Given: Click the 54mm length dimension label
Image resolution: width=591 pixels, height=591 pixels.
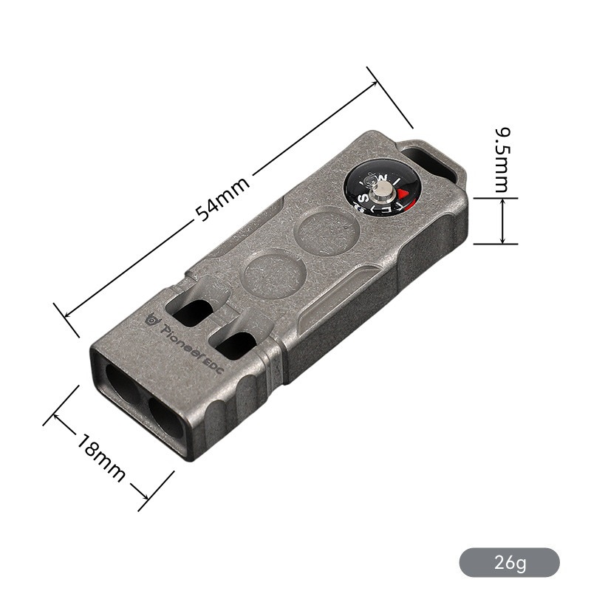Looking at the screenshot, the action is pos(222,198).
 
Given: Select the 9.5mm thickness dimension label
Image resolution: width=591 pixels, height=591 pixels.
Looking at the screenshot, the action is pos(502,160).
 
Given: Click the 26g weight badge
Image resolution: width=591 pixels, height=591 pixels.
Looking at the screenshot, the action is pos(509,563).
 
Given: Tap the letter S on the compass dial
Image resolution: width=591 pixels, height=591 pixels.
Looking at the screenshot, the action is pos(365,197).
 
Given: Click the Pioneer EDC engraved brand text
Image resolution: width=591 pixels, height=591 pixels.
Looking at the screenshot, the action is pos(192,347).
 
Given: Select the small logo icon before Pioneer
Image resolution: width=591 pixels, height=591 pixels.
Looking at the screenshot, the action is pos(153,319).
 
